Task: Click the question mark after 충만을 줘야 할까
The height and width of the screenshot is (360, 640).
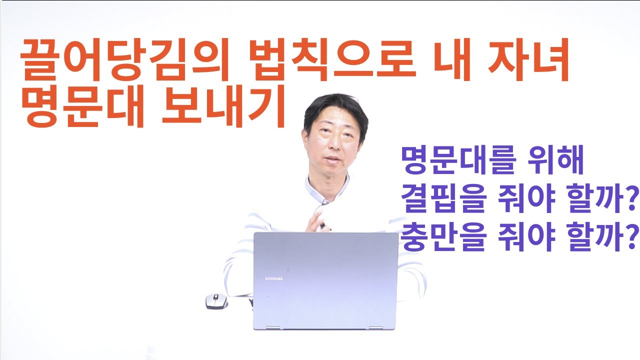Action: click(633, 237)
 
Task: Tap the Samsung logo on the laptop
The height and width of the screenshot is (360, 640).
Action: click(273, 277)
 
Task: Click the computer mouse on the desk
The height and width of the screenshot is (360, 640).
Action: click(216, 301)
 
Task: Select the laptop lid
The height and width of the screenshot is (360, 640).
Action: click(325, 280)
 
